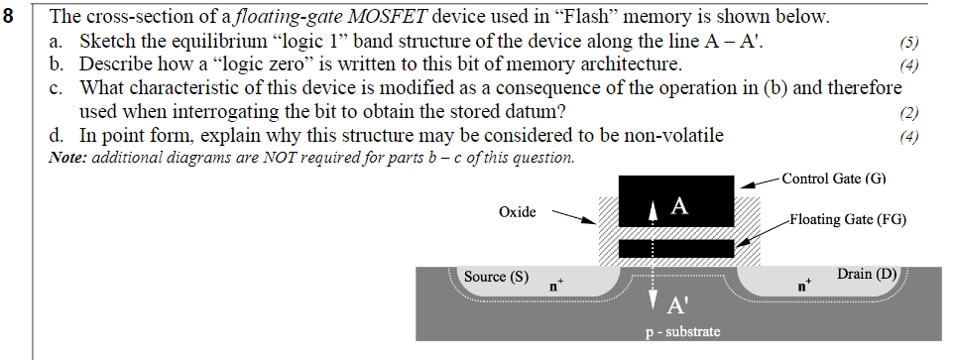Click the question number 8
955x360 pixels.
(11, 17)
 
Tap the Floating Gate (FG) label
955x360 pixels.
(848, 219)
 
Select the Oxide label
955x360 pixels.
(518, 211)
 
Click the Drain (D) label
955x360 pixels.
(867, 273)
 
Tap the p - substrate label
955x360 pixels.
(679, 331)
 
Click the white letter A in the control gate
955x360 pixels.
(679, 206)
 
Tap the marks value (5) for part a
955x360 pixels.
(908, 43)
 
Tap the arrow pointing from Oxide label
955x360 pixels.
(573, 216)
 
